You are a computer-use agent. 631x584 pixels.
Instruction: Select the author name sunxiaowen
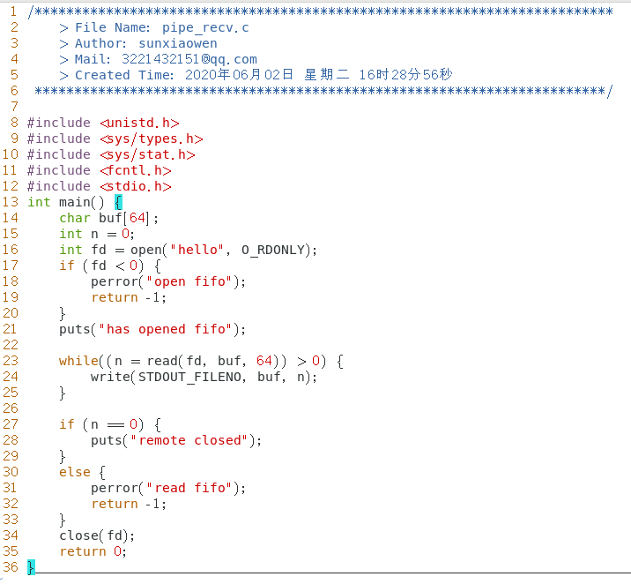(177, 43)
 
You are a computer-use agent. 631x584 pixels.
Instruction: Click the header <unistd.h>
(139, 123)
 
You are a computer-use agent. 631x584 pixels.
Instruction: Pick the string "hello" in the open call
(198, 250)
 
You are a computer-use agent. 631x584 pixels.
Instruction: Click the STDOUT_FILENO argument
(194, 377)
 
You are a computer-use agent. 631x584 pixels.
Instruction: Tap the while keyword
(78, 361)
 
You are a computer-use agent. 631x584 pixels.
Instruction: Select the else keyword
(75, 472)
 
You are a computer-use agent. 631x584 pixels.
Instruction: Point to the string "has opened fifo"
(167, 329)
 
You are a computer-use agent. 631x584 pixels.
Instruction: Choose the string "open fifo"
(194, 281)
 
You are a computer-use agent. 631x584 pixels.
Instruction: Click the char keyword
(75, 218)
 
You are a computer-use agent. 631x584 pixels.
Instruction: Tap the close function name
(78, 535)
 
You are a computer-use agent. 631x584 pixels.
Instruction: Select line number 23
(10, 361)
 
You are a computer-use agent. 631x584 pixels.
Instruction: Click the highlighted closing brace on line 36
(31, 567)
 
